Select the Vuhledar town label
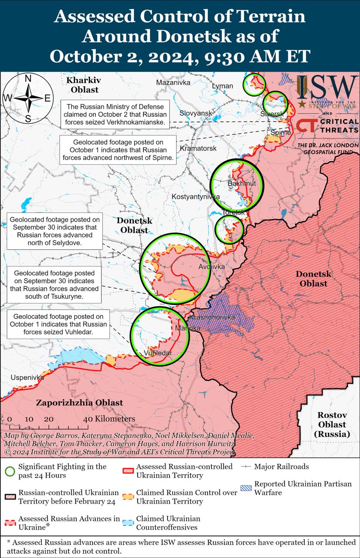[158, 353]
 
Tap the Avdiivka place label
[211, 266]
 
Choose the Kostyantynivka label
[196, 197]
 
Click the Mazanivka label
[173, 82]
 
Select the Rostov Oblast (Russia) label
[332, 424]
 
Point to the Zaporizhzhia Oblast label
[79, 403]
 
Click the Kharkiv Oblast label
[83, 85]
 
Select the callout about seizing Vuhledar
[58, 324]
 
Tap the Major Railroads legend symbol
[246, 466]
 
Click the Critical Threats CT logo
[306, 126]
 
